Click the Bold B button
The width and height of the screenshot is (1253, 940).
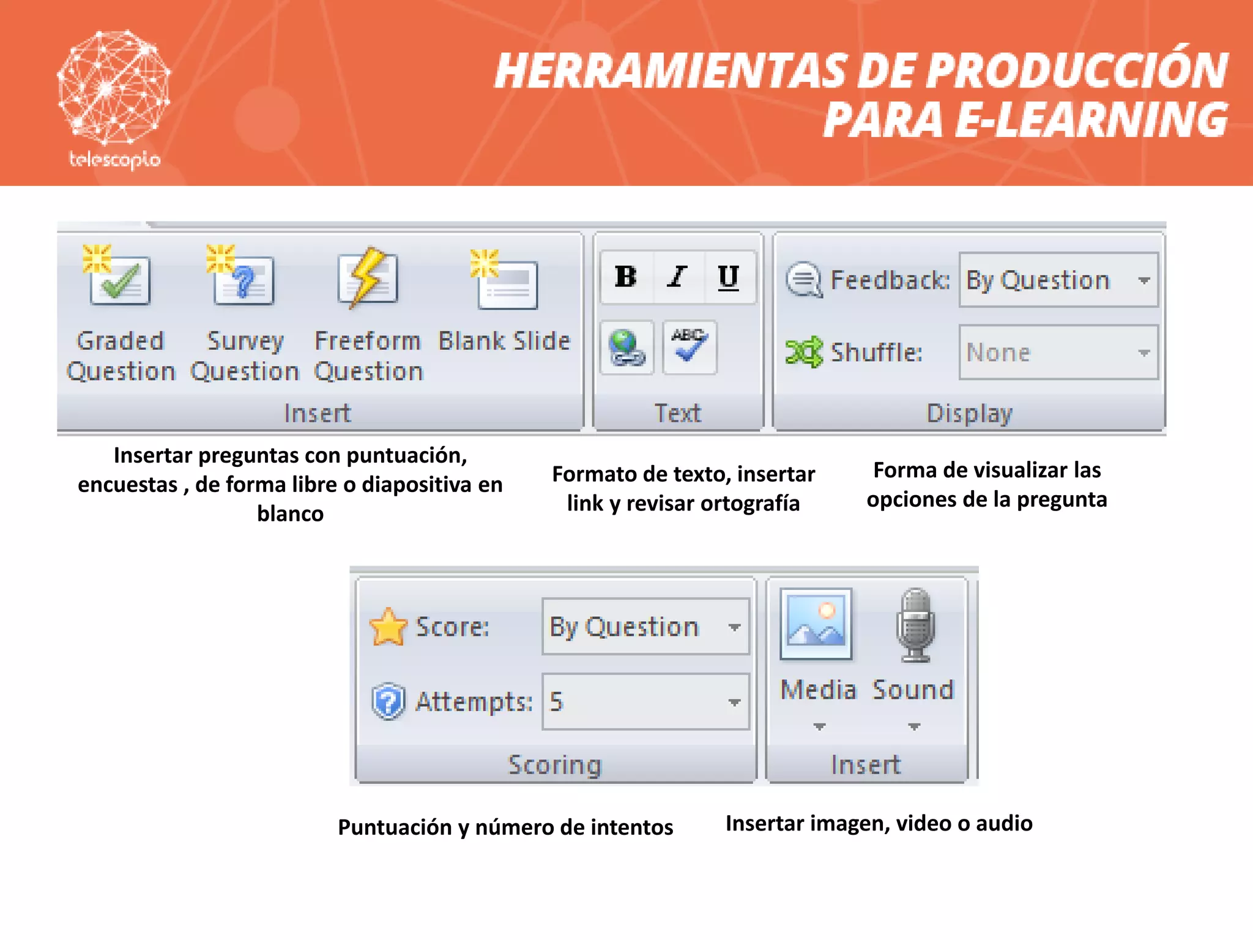(626, 277)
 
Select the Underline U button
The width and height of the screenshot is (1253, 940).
(728, 277)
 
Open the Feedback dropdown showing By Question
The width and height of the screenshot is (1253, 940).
(1058, 280)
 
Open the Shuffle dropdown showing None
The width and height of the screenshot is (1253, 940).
(1058, 352)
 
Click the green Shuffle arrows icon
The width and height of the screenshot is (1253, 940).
(804, 352)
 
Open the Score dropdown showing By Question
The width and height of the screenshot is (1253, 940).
(645, 627)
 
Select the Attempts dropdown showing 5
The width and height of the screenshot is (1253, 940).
(645, 701)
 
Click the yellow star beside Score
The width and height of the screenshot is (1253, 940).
(388, 627)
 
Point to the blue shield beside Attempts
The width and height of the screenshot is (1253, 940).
(388, 701)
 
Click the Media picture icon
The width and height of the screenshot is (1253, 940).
(816, 624)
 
